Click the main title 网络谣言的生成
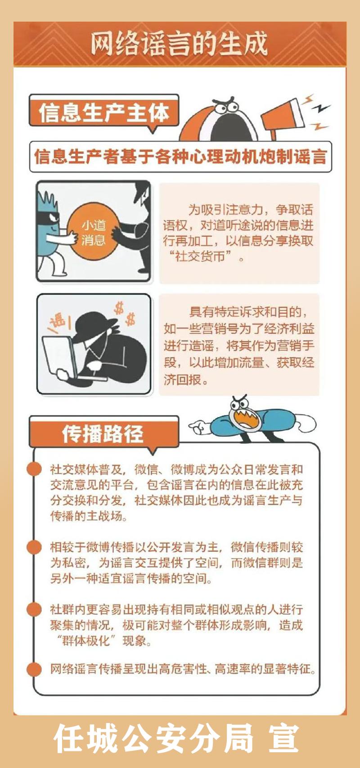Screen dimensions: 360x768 [179, 44]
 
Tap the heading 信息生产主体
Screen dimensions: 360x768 [103, 112]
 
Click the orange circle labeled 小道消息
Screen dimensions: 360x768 [93, 233]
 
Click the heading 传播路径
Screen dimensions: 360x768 [103, 434]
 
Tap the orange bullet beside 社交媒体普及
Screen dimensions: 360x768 [34, 469]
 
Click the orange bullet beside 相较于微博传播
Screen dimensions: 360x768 [34, 547]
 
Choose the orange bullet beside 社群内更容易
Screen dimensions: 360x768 [34, 609]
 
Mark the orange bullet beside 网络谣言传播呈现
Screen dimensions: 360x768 [34, 669]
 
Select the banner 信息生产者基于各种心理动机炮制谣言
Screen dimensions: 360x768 [181, 157]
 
